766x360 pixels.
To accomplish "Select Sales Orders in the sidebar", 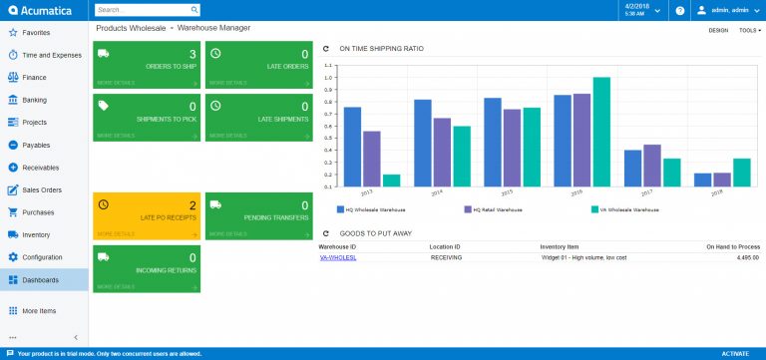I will (x=41, y=189).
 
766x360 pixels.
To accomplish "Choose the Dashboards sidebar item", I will (x=40, y=280).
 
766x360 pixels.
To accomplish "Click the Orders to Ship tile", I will (x=147, y=66).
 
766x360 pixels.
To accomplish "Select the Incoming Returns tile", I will (x=147, y=268).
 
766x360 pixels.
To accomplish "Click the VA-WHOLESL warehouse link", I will (x=338, y=257).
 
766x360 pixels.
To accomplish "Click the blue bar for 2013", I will (x=352, y=147).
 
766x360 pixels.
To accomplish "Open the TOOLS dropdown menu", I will (x=749, y=30).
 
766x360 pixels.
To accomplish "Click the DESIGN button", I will (x=717, y=30).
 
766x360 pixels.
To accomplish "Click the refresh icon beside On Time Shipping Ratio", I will (x=326, y=47).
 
